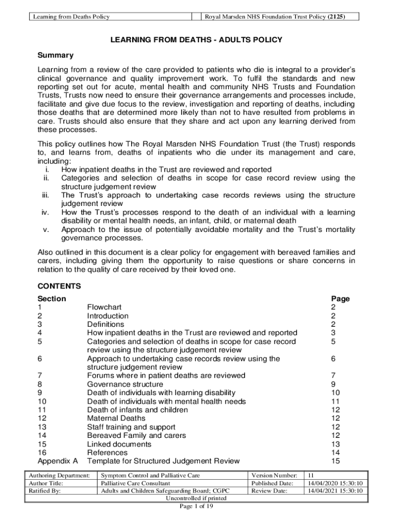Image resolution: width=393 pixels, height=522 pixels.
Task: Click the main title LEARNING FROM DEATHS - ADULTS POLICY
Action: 196,40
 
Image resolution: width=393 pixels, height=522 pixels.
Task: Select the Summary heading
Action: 56,55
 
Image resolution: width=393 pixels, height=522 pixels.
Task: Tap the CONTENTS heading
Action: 59,286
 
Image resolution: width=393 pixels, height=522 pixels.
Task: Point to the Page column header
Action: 340,299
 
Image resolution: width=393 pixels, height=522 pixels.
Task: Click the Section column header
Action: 52,299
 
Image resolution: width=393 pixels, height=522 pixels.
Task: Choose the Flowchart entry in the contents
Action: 104,307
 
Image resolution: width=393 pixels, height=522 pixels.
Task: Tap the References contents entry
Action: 107,453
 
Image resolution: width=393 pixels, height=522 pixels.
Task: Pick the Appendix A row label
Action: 58,461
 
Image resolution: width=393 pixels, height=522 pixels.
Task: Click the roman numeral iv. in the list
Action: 44,212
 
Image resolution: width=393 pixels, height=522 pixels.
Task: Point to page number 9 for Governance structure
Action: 333,384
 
